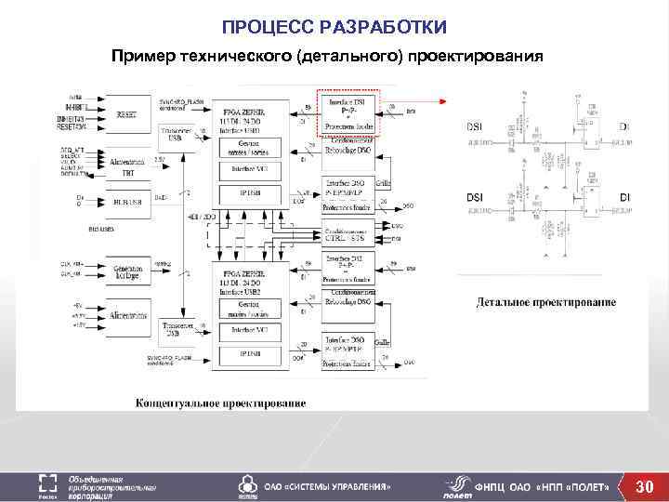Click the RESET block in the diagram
coord(125,114)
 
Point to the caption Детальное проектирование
coord(546,302)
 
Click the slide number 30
coord(644,486)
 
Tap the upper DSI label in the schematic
coord(474,125)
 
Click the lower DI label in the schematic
coord(624,197)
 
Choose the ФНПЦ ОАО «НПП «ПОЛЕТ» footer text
coord(542,487)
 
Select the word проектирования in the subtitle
coord(472,57)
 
